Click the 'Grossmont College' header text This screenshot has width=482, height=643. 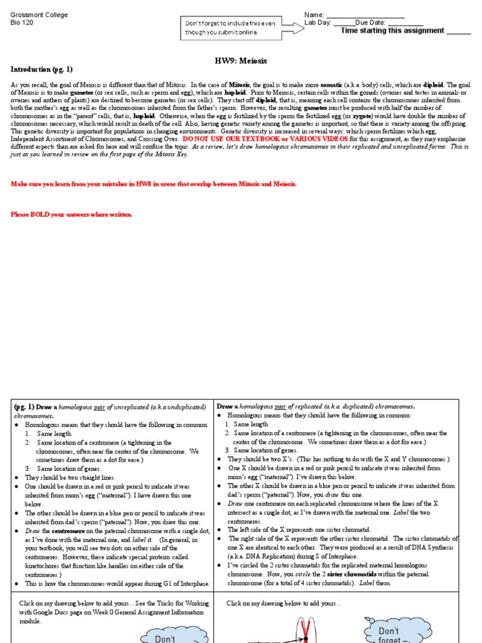click(x=39, y=15)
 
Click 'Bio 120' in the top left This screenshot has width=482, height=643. click(x=23, y=23)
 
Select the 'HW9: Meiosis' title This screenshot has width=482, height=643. click(x=241, y=61)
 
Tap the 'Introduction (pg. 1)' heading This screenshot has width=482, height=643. click(x=42, y=69)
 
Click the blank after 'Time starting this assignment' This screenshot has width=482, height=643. click(x=458, y=31)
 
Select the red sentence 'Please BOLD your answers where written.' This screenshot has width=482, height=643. click(x=72, y=215)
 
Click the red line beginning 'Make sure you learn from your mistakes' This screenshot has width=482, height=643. click(x=154, y=183)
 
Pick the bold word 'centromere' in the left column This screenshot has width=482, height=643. click(x=75, y=531)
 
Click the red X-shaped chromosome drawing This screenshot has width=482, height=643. click(x=304, y=630)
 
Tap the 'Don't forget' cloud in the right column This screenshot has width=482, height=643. click(x=388, y=632)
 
